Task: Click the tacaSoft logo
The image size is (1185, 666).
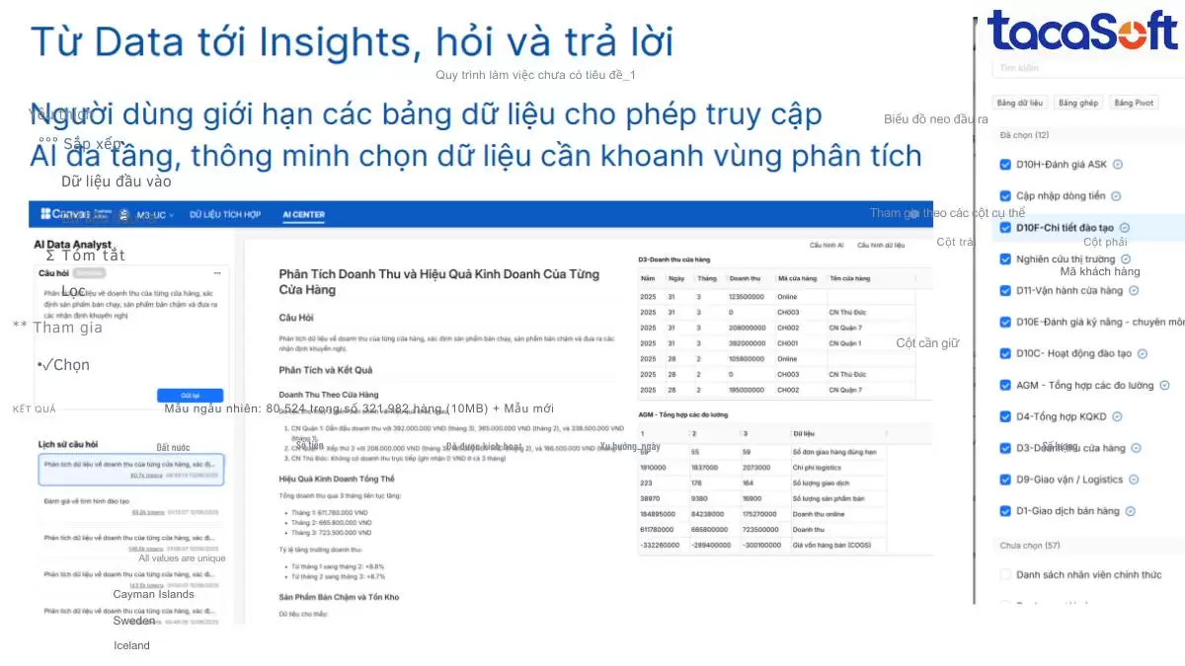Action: coord(1082,31)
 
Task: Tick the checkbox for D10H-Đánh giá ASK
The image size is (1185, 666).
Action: coord(1005,165)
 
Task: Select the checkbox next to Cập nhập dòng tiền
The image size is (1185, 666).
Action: coord(1005,196)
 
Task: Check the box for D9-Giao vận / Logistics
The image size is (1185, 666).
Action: coord(1005,480)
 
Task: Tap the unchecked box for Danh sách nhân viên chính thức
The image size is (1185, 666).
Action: coord(1005,574)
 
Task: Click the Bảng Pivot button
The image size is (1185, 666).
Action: coord(1136,103)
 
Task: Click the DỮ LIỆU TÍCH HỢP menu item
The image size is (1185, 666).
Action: coord(225,214)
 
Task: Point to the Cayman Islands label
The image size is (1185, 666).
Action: coord(153,594)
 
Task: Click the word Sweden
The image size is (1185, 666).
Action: coord(133,621)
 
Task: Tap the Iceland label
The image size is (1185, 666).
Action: coord(131,645)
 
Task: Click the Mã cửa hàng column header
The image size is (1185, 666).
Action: coord(796,279)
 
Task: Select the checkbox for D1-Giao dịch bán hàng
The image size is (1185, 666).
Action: coord(1005,511)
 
